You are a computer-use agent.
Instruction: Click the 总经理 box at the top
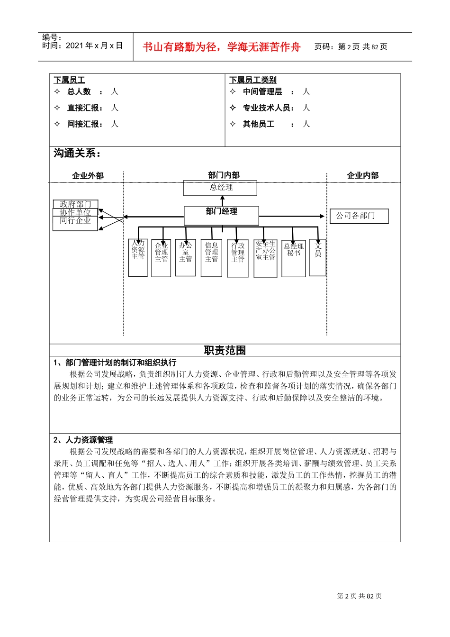point(220,188)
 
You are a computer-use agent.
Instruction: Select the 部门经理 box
point(221,216)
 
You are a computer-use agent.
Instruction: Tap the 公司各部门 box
point(359,216)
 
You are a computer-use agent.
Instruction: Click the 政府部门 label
point(75,204)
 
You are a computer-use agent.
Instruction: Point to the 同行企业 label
point(75,221)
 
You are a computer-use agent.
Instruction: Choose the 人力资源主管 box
point(138,258)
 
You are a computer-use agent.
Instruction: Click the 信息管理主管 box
point(212,258)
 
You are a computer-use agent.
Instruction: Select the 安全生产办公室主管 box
point(265,258)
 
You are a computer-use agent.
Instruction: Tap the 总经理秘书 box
point(294,258)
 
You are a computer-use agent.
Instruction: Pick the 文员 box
point(318,257)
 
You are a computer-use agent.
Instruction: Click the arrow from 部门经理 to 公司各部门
point(294,216)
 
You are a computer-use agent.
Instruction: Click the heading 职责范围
point(225,350)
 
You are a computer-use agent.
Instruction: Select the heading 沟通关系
point(77,153)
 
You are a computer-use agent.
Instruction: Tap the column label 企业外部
point(88,176)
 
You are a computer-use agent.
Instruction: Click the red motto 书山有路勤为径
point(222,47)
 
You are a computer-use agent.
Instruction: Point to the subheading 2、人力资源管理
point(83,440)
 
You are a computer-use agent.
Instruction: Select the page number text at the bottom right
point(359,596)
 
